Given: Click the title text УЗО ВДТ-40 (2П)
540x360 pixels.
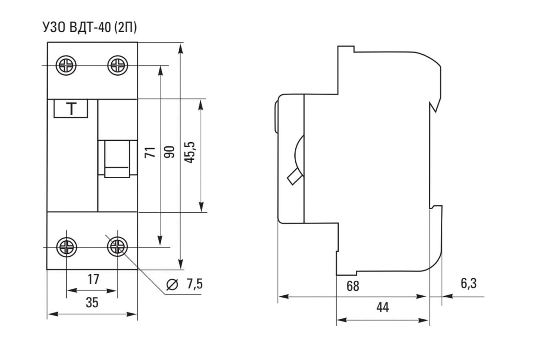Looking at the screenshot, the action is pos(90,27).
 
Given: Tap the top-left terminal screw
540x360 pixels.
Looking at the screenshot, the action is pos(66,65).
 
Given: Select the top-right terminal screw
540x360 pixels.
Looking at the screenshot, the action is pos(117,65).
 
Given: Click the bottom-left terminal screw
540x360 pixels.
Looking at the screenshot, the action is pos(67,247).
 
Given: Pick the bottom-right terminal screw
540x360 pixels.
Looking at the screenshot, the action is pos(117,247).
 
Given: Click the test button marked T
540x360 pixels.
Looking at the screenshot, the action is pos(71,108).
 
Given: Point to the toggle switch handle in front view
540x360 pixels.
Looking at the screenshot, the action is pos(117,159).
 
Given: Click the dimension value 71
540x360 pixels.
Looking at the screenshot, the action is pos(150,152).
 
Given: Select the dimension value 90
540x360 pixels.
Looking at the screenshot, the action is pos(169,152).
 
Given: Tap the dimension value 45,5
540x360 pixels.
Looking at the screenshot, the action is pos(189,153).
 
